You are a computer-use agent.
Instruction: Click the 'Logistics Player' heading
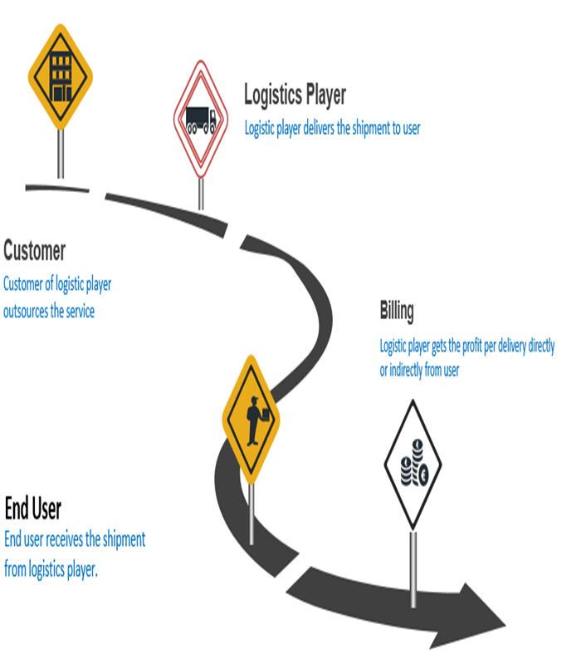(x=295, y=96)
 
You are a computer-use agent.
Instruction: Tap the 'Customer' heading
(x=35, y=250)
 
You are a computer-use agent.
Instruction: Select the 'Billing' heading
(x=397, y=312)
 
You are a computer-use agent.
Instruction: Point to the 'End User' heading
(x=33, y=508)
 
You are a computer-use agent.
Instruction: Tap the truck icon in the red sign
(x=200, y=120)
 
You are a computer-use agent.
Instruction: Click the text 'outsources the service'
(x=49, y=312)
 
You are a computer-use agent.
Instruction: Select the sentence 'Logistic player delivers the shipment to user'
(x=332, y=129)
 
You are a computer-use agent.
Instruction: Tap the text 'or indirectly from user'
(x=419, y=371)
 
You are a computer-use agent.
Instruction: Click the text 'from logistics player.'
(x=51, y=571)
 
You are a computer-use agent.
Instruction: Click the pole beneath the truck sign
(x=200, y=192)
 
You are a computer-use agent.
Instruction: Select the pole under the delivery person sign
(x=251, y=507)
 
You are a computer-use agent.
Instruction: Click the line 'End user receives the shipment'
(x=75, y=540)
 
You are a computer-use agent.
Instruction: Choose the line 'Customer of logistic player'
(x=57, y=284)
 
